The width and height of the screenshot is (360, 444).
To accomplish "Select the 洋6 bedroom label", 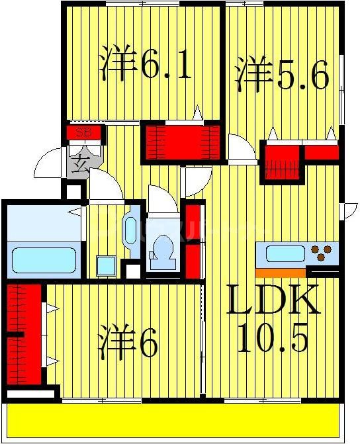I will point(128,343).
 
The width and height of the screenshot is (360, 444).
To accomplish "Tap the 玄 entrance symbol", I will point(82,161).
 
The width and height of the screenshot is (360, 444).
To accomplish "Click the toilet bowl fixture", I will point(162,250).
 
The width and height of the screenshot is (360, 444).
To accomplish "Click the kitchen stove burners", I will point(323,253).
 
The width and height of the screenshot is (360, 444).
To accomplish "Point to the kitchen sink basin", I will point(285,253).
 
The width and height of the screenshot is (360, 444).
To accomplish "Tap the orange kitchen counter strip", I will point(280,272).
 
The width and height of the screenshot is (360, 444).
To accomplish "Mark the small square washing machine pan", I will point(106,265).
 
